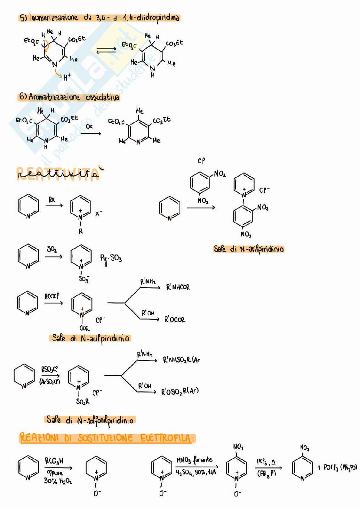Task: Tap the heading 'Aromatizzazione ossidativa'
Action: click(69, 97)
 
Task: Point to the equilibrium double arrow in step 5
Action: click(107, 51)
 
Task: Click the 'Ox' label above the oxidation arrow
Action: click(89, 126)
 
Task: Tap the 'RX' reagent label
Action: click(52, 200)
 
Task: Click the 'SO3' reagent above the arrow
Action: click(52, 249)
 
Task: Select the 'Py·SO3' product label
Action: click(111, 258)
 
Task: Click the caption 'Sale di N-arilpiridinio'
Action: click(249, 249)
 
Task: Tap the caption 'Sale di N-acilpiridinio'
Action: click(91, 338)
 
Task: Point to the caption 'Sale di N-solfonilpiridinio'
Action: click(90, 420)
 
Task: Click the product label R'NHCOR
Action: click(178, 287)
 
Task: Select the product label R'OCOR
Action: click(175, 319)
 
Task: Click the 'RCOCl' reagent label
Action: click(52, 296)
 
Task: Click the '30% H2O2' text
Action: click(58, 481)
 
